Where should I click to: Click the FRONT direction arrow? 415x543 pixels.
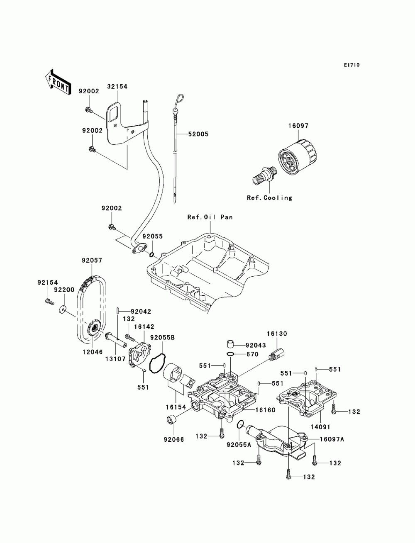click(58, 82)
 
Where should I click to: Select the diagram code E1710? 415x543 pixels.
click(352, 65)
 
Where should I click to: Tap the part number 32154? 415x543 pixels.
click(117, 86)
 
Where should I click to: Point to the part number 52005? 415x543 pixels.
click(198, 134)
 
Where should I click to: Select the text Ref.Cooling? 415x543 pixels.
click(269, 197)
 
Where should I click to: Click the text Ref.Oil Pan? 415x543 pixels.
click(210, 217)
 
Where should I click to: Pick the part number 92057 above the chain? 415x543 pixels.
click(92, 260)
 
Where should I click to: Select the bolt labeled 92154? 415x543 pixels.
click(49, 301)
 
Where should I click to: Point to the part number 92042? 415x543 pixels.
click(141, 311)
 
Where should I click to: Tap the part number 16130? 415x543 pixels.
click(277, 334)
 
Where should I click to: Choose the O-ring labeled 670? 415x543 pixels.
click(230, 354)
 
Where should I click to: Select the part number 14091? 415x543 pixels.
click(321, 427)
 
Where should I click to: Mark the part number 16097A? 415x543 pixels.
click(332, 439)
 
